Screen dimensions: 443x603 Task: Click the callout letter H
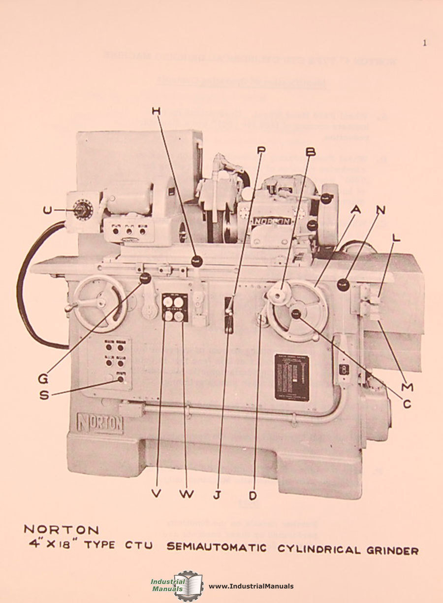(x=156, y=112)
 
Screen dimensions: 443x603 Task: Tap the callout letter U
(x=47, y=210)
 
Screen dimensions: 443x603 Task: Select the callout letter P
(x=260, y=150)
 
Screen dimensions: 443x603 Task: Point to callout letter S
(x=44, y=395)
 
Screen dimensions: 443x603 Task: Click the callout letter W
(x=187, y=494)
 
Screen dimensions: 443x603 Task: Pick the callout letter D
(x=254, y=494)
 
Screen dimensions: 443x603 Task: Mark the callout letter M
(x=407, y=387)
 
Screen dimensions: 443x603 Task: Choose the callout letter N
(x=380, y=209)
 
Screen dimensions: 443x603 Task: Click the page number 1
(x=424, y=43)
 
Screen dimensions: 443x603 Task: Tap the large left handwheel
(x=100, y=302)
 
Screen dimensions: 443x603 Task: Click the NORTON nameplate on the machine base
(x=100, y=423)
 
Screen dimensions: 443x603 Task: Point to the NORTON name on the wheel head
(x=272, y=221)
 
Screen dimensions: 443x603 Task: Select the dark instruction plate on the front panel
(x=291, y=376)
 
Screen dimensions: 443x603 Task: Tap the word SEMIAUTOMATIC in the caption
(x=217, y=548)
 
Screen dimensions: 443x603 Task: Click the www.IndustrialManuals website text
(x=251, y=586)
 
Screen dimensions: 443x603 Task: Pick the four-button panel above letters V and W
(x=175, y=308)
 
